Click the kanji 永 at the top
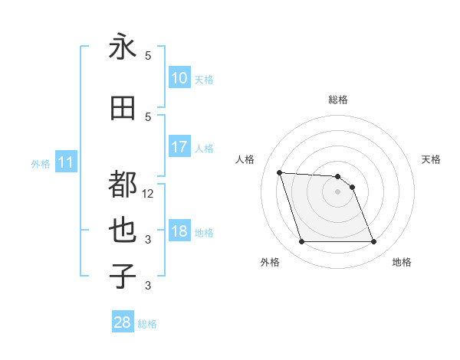pos(123,47)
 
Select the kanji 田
pos(123,108)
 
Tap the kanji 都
pos(123,185)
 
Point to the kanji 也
pos(123,231)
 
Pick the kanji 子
pos(123,276)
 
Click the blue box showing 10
pos(179,78)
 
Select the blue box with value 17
pos(179,147)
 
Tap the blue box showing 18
pos(179,232)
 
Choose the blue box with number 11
pos(65,162)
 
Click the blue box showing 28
pos(123,322)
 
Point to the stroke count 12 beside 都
pos(148,193)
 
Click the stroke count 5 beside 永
pos(148,55)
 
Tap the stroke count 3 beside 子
pos(148,286)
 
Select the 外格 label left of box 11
pos(41,163)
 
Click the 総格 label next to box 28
pos(147,324)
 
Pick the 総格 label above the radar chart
pos(338,100)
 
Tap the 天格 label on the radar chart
pos(432,159)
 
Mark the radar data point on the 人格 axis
pos(279,172)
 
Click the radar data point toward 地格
pos(373,242)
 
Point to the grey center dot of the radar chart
pos(337,191)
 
